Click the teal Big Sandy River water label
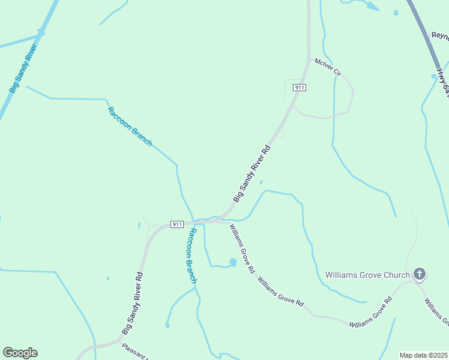click(24, 66)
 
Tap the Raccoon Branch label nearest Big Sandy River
click(130, 126)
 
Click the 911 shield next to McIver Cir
click(300, 88)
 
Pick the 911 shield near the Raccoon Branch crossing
click(176, 224)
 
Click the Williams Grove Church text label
click(367, 275)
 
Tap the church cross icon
click(420, 275)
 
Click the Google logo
click(20, 353)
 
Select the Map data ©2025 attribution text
click(423, 355)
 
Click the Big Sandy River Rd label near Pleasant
click(133, 303)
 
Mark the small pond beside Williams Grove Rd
click(232, 262)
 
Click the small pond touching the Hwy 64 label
click(434, 76)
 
